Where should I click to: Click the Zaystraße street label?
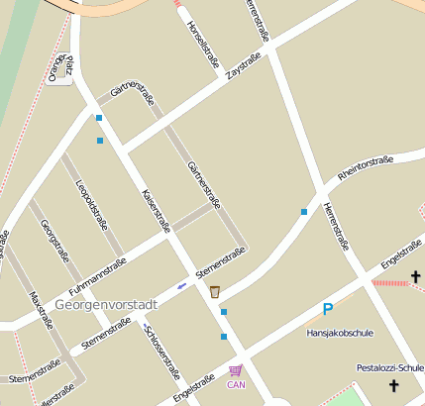click(x=244, y=67)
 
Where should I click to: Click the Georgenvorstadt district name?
click(x=106, y=304)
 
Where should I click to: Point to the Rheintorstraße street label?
click(x=366, y=166)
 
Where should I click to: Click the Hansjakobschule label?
click(x=340, y=333)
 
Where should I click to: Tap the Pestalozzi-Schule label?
click(x=389, y=368)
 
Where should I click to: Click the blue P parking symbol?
click(x=327, y=309)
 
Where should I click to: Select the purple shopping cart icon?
click(x=235, y=370)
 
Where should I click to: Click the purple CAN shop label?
click(x=236, y=384)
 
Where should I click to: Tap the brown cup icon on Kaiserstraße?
click(x=214, y=291)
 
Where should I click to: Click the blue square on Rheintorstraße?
click(x=303, y=211)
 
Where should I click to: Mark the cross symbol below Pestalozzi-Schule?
click(x=393, y=386)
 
